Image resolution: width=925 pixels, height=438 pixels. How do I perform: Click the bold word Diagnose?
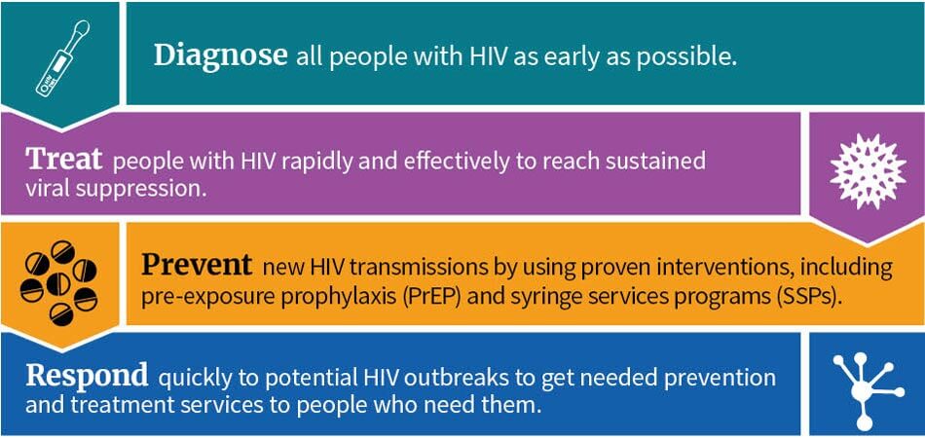220,55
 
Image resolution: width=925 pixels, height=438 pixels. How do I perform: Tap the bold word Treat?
64,160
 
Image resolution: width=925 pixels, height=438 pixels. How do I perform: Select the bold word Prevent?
198,265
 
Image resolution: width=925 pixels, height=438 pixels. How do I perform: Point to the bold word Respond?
87,376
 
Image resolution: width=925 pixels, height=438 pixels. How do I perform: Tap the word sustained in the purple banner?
653,161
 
